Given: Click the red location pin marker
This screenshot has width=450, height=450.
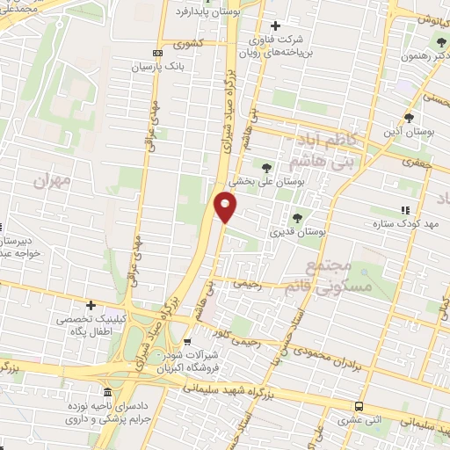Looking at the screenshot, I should click(226, 207).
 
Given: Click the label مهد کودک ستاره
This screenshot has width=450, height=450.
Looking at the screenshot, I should click(404, 225).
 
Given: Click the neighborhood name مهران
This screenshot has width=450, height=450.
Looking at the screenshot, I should click(51, 180).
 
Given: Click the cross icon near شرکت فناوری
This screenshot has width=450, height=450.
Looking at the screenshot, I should click(277, 26).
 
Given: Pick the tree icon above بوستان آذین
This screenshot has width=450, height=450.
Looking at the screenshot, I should click(409, 118).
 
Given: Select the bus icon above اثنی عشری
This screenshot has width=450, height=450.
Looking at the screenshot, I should click(358, 406).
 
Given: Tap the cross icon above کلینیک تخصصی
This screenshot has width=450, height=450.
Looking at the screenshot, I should click(91, 305).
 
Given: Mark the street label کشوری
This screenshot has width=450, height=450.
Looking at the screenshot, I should click(190, 42).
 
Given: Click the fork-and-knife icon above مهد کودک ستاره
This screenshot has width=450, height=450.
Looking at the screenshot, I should click(405, 210).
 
